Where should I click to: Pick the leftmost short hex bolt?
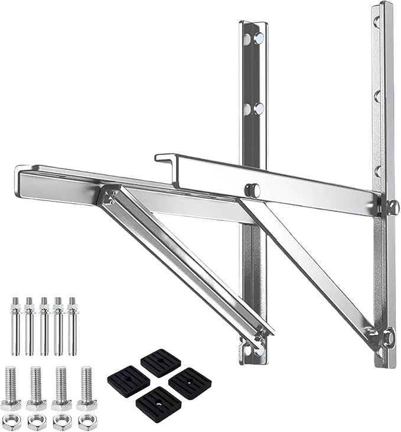[12, 388]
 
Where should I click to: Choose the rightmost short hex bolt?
[86, 388]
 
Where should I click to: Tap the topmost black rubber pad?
[160, 362]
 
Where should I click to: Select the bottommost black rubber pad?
[159, 402]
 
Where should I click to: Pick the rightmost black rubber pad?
[190, 382]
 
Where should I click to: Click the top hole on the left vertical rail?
[258, 39]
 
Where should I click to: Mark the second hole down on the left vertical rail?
[258, 108]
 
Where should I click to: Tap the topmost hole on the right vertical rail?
[376, 22]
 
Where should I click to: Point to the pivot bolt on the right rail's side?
[392, 206]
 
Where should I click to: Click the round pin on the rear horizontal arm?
[252, 189]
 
